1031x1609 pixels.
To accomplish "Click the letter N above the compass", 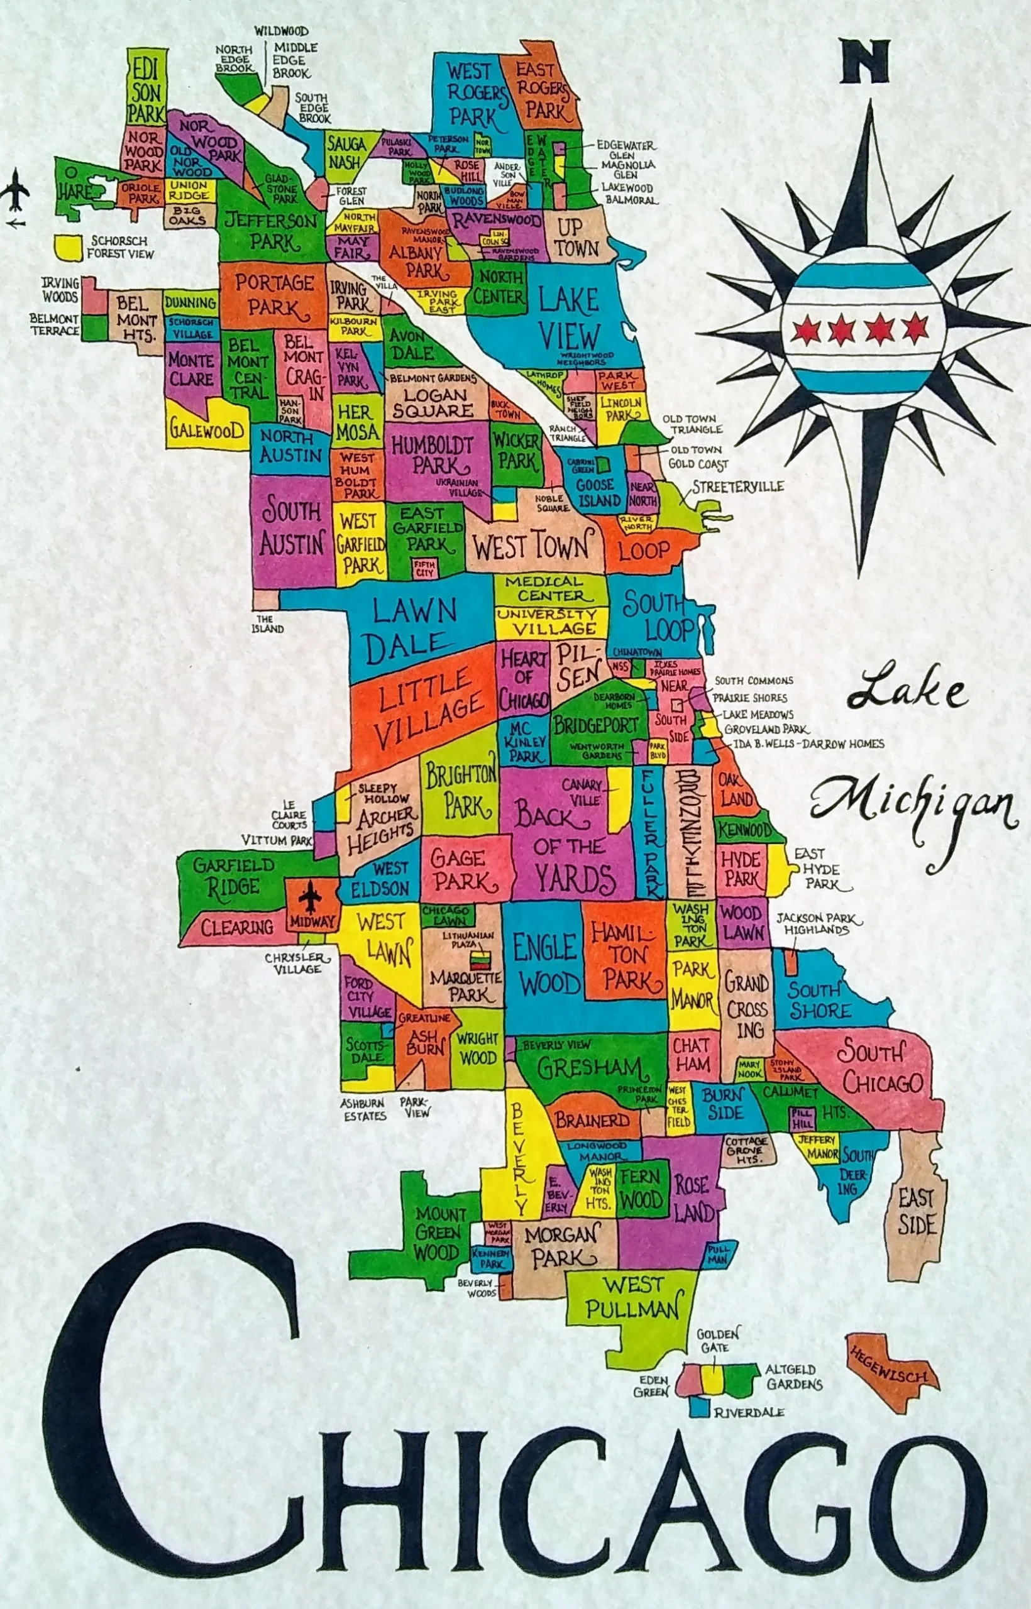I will coord(866,62).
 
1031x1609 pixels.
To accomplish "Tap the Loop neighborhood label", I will coord(643,550).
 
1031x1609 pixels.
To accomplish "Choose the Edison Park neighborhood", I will coord(146,85).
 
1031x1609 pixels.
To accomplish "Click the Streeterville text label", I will coord(738,486).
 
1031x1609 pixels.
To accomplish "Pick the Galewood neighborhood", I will coord(206,431).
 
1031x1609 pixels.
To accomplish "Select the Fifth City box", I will coord(424,568).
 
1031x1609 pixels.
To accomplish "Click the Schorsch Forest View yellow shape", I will coord(69,246).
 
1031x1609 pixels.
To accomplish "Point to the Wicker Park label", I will coord(516,451).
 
